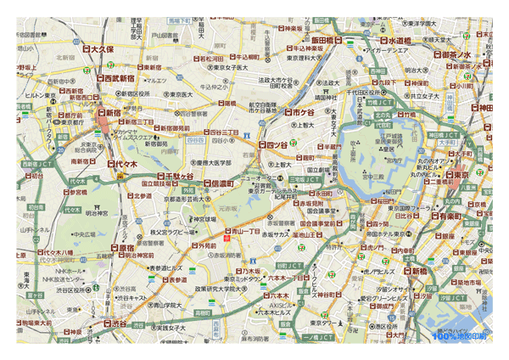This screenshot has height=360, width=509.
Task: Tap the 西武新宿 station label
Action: tap(118, 77)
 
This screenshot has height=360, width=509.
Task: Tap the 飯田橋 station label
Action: tap(325, 40)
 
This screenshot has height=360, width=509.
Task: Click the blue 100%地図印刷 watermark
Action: tap(459, 336)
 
